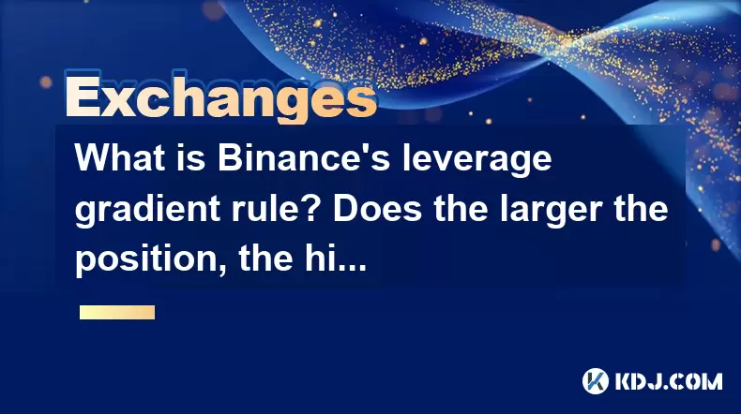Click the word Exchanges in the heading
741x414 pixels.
pos(221,97)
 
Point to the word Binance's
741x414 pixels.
pos(304,157)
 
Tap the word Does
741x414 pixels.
pos(378,208)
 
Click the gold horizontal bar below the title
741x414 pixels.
pos(117,312)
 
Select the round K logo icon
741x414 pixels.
pos(596,381)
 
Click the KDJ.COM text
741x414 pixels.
pos(669,381)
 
